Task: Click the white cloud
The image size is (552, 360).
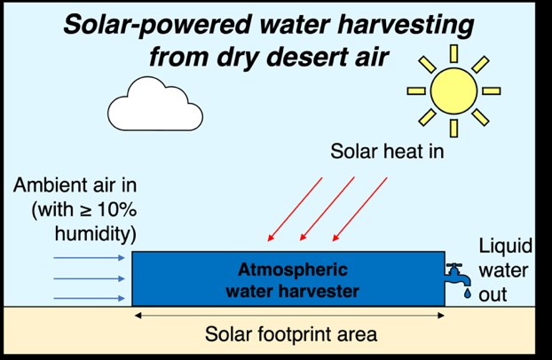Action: pyautogui.click(x=155, y=105)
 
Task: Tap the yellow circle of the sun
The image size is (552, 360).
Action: pyautogui.click(x=453, y=90)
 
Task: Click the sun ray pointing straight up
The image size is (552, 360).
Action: pyautogui.click(x=453, y=53)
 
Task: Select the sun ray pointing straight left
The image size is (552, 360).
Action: pyautogui.click(x=416, y=90)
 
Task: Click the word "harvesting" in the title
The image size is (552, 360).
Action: pyautogui.click(x=406, y=26)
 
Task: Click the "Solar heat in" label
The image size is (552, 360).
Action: pyautogui.click(x=387, y=152)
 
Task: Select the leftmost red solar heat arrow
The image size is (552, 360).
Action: pyautogui.click(x=295, y=209)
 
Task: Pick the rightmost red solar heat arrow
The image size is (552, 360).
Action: pyautogui.click(x=359, y=209)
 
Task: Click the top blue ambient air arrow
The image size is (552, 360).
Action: pyautogui.click(x=89, y=258)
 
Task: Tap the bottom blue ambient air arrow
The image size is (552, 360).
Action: pyautogui.click(x=89, y=299)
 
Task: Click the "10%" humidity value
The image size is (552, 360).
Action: pyautogui.click(x=117, y=210)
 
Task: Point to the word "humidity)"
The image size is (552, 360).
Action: pyautogui.click(x=96, y=234)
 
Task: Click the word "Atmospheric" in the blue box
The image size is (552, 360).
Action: pyautogui.click(x=293, y=270)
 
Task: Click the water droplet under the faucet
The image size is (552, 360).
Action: pyautogui.click(x=467, y=293)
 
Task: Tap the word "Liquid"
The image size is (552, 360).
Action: pyautogui.click(x=506, y=247)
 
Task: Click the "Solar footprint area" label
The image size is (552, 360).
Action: pyautogui.click(x=291, y=334)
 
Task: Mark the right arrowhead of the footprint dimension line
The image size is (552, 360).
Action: pyautogui.click(x=441, y=316)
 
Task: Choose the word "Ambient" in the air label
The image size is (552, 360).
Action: pyautogui.click(x=46, y=184)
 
